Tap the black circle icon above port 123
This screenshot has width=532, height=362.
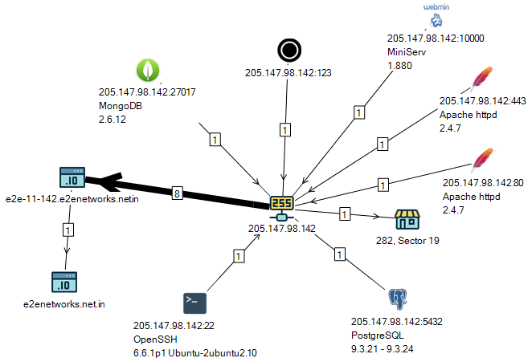(x=288, y=51)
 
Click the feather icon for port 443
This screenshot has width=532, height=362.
(x=481, y=79)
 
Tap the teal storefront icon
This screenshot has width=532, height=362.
(x=407, y=218)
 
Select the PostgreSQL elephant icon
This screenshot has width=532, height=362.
(x=396, y=299)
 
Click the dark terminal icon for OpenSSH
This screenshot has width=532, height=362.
(x=195, y=303)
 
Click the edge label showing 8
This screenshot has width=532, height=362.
(x=177, y=192)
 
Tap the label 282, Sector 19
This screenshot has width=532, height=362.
(x=408, y=240)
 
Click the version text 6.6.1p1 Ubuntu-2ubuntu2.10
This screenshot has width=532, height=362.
(x=196, y=351)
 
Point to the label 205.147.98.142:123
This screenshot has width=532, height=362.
(x=289, y=73)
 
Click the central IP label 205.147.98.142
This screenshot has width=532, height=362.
(x=282, y=229)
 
